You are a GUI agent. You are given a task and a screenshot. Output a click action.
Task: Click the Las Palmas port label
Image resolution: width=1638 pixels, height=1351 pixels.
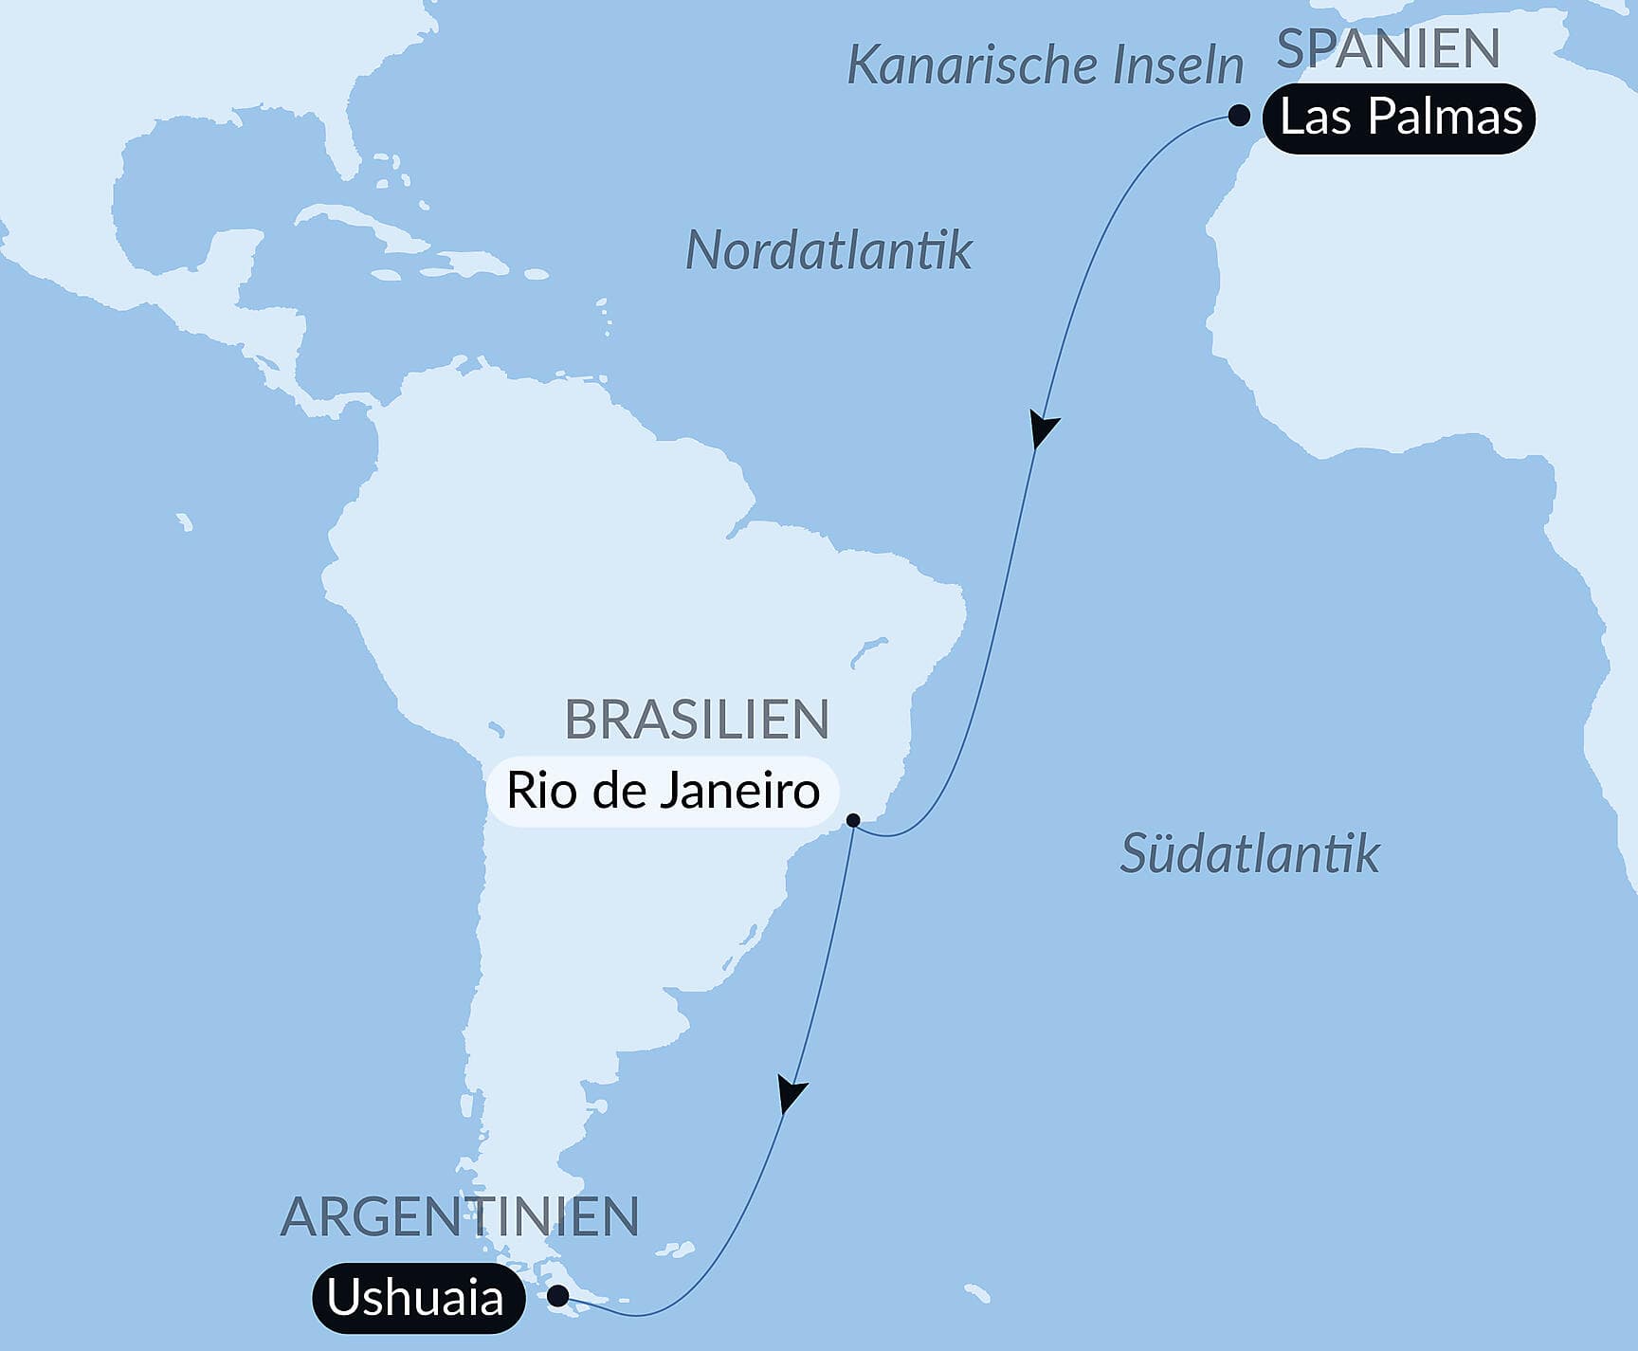click(x=1399, y=119)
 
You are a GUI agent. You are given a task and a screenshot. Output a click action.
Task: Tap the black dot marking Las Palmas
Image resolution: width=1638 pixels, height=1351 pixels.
click(x=1238, y=117)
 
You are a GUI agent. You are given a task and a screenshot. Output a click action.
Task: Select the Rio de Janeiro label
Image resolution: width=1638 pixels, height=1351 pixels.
click(x=663, y=791)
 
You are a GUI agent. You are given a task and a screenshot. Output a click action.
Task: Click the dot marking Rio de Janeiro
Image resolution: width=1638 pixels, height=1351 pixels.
click(x=853, y=820)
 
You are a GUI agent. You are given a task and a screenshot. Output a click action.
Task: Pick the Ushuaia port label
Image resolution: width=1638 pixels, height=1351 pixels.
click(x=416, y=1297)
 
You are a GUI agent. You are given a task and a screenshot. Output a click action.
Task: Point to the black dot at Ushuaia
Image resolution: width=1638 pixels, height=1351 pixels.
click(x=559, y=1294)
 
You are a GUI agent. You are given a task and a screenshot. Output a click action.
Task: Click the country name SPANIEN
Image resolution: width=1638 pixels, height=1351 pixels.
click(x=1388, y=49)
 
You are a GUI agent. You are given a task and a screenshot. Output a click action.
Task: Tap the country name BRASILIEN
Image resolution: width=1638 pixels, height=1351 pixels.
click(x=697, y=720)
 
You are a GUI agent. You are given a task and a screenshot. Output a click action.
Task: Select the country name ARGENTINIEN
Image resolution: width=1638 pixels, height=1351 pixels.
click(x=460, y=1217)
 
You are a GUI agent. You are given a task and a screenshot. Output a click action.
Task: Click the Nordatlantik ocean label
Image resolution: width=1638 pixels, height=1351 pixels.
click(x=828, y=251)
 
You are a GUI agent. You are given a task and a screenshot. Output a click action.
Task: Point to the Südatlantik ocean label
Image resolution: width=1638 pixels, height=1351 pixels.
click(x=1249, y=853)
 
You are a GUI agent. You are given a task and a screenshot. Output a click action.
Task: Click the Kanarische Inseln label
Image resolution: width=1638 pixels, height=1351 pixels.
click(x=1045, y=65)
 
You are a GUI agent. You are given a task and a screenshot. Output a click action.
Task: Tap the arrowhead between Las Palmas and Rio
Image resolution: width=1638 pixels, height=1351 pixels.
click(x=1043, y=429)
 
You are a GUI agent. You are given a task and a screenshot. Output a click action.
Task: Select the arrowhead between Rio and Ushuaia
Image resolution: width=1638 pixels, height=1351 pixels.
click(x=790, y=1092)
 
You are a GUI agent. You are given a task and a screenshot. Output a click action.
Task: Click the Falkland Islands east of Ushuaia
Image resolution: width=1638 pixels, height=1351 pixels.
click(x=677, y=1251)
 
